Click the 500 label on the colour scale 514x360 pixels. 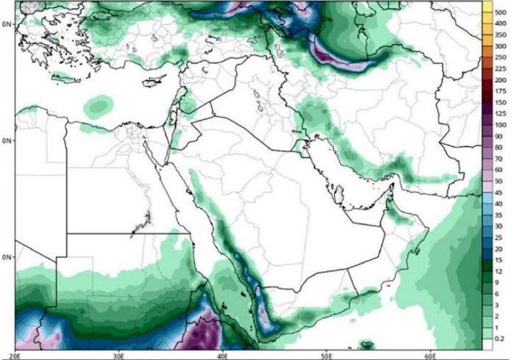pyautogui.click(x=500, y=11)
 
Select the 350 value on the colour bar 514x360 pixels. pyautogui.click(x=500, y=34)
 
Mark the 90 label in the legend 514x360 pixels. pyautogui.click(x=500, y=135)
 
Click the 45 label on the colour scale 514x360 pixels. pyautogui.click(x=500, y=192)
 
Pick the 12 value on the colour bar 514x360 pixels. pyautogui.click(x=500, y=270)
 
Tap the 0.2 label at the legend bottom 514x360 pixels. pyautogui.click(x=500, y=338)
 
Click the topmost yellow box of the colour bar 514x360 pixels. pyautogui.click(x=485, y=7)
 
